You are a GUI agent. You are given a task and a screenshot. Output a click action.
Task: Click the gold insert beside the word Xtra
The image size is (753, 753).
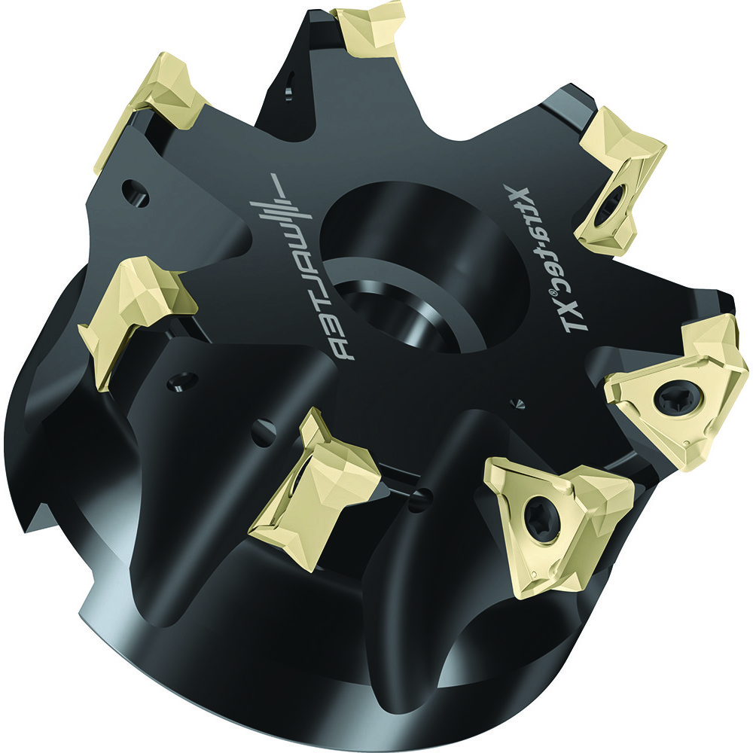tap(620, 181)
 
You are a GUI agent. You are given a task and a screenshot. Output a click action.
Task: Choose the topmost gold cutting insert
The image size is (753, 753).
tap(370, 30)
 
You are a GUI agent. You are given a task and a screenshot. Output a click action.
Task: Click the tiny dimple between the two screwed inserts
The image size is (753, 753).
tap(517, 404)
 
